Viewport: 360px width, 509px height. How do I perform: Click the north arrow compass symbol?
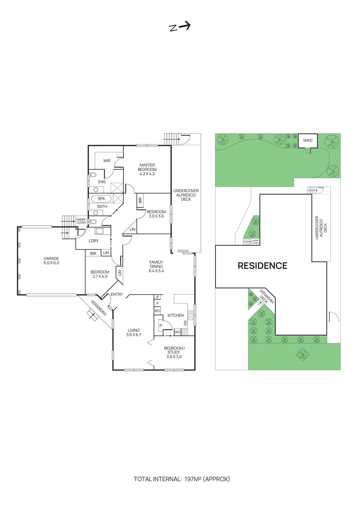[180, 27]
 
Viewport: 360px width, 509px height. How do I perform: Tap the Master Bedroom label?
[147, 169]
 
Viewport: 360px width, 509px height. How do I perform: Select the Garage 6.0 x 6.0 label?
[51, 261]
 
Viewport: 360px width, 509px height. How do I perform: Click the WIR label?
[107, 161]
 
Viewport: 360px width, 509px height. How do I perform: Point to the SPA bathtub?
[101, 199]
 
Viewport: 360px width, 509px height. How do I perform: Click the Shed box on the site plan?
[307, 140]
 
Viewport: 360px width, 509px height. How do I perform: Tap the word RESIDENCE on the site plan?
[262, 266]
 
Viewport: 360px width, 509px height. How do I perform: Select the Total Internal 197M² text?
[181, 479]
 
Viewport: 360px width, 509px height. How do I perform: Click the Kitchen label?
[175, 315]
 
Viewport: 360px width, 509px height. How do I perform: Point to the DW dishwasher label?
[185, 323]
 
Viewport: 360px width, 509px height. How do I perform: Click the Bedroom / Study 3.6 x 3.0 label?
[174, 352]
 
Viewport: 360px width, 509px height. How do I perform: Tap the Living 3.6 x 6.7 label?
[134, 332]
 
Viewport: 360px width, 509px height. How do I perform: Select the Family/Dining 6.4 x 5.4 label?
[156, 267]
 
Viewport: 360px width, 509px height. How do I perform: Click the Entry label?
[116, 294]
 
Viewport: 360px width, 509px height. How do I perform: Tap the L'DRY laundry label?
[94, 241]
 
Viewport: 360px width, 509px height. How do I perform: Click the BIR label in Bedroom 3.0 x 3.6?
[140, 200]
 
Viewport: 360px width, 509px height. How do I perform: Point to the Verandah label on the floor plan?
[98, 308]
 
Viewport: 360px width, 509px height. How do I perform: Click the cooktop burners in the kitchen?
[185, 332]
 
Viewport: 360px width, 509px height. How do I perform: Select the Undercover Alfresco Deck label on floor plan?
[186, 195]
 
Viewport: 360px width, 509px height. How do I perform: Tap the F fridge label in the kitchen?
[157, 303]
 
